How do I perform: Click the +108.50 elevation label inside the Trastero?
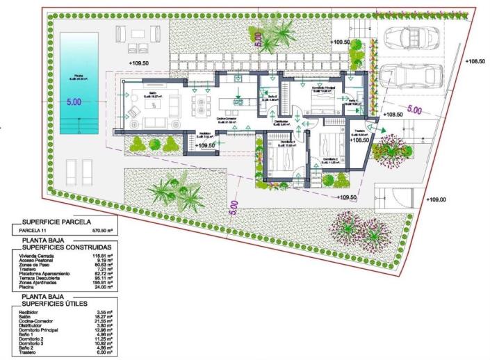[x=359, y=140]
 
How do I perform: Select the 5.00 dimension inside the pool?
[x=74, y=101]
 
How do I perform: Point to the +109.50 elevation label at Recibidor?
[x=206, y=146]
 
